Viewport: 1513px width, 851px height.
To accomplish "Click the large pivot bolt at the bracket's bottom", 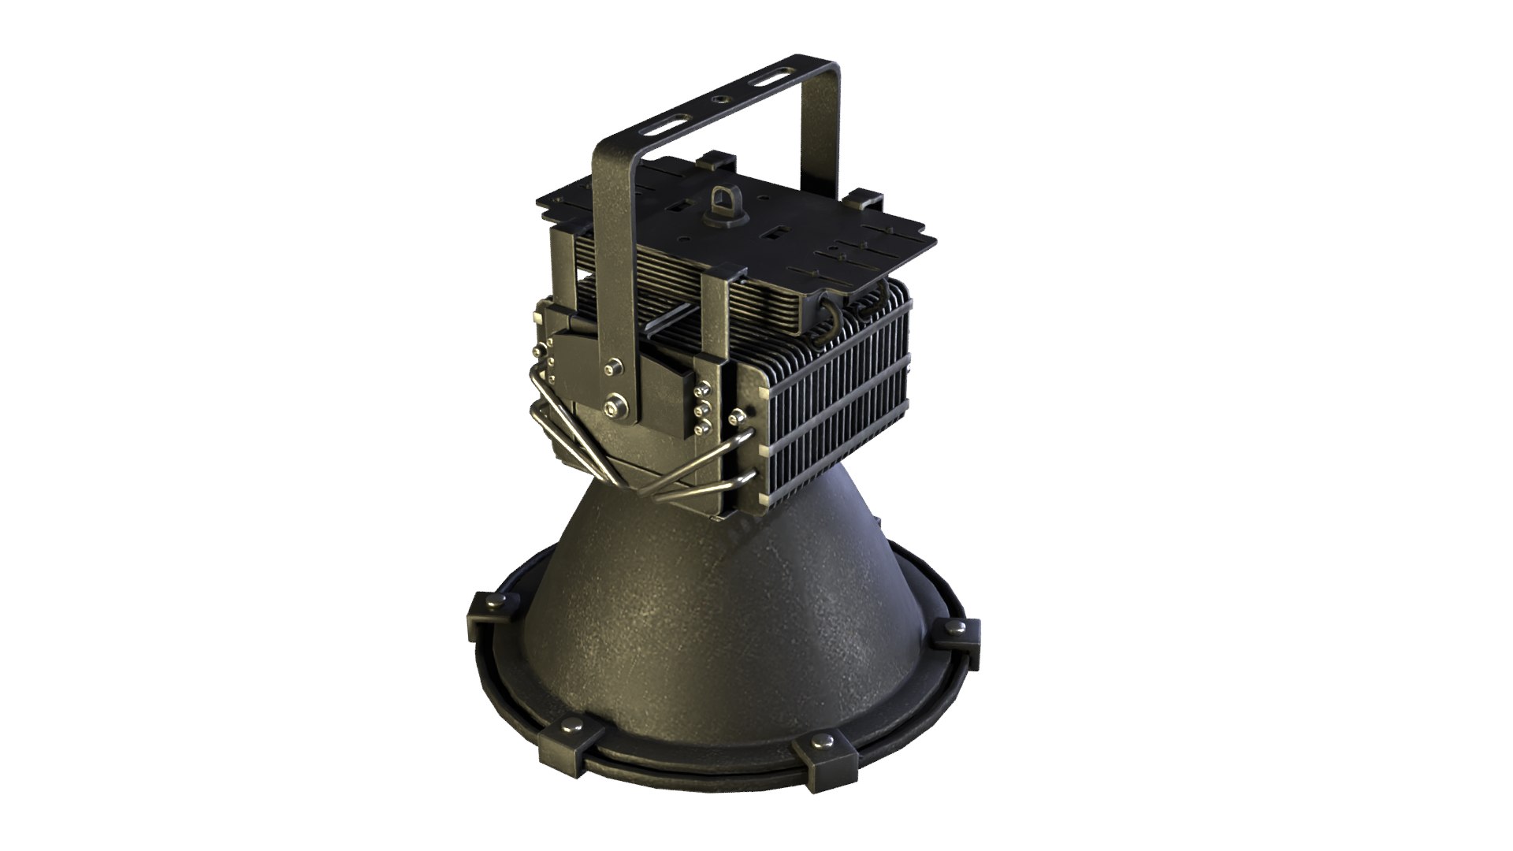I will coord(615,406).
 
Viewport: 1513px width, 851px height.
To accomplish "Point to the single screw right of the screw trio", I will coord(737,416).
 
